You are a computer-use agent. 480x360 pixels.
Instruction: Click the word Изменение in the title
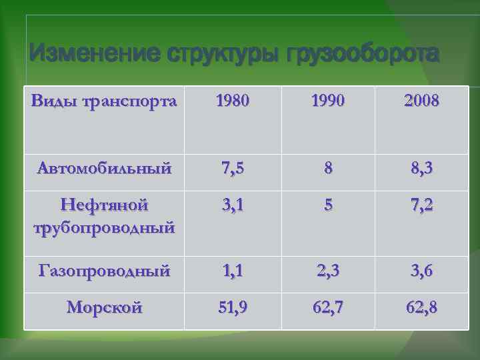(x=79, y=53)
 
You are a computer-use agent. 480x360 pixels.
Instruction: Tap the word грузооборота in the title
(x=363, y=53)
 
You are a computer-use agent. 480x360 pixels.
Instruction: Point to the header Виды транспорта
(x=104, y=101)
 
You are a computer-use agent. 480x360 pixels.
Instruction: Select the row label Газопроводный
(x=104, y=271)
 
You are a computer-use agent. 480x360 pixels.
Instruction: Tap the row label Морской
(x=104, y=307)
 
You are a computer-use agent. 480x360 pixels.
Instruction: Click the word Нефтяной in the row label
(x=104, y=204)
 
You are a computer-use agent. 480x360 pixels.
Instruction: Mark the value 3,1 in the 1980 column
(x=229, y=205)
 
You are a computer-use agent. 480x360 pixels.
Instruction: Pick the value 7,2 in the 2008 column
(x=421, y=205)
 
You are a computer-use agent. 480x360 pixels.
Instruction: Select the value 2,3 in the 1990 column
(x=327, y=271)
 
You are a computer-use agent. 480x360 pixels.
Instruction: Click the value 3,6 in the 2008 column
(x=421, y=271)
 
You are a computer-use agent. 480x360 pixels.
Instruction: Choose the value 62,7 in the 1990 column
(x=327, y=308)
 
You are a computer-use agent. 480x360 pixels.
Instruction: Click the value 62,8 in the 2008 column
(x=421, y=308)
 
